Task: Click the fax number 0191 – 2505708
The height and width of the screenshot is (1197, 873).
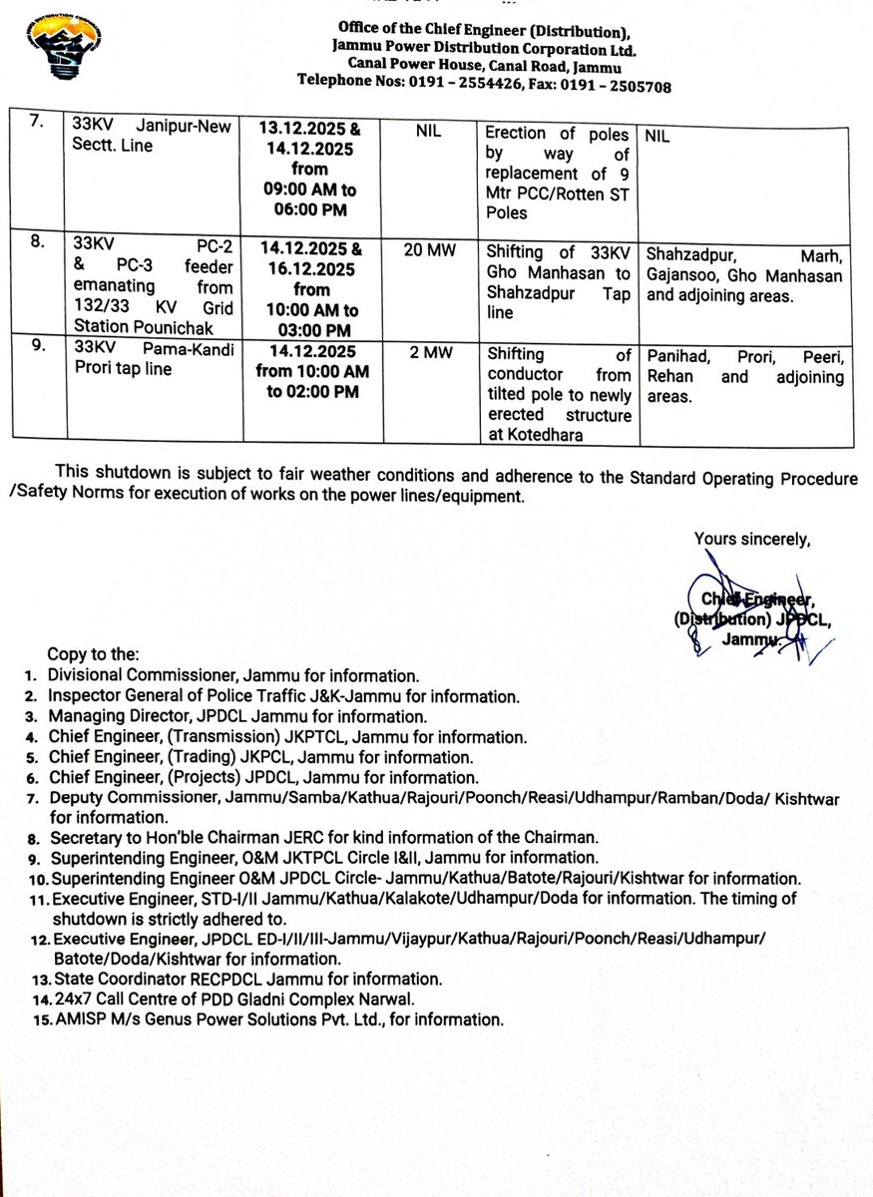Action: click(x=620, y=86)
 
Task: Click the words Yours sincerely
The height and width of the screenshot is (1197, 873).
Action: click(x=752, y=539)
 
